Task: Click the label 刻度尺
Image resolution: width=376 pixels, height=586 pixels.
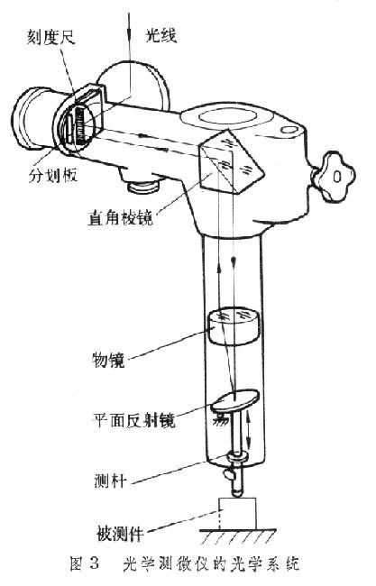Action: pyautogui.click(x=50, y=37)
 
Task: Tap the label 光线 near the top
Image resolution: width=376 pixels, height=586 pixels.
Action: pyautogui.click(x=160, y=35)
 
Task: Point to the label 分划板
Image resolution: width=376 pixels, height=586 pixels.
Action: pyautogui.click(x=53, y=175)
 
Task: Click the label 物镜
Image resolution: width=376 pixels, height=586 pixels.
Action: pyautogui.click(x=108, y=360)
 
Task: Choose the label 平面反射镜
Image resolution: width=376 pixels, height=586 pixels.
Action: pyautogui.click(x=133, y=419)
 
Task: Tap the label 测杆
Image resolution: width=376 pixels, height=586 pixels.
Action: pyautogui.click(x=110, y=480)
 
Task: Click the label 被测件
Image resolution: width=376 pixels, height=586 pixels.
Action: pyautogui.click(x=120, y=534)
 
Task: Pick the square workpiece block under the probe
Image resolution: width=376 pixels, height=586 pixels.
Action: pyautogui.click(x=237, y=513)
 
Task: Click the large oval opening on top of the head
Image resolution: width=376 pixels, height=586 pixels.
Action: pyautogui.click(x=228, y=116)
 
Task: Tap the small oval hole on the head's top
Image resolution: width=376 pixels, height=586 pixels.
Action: pyautogui.click(x=289, y=130)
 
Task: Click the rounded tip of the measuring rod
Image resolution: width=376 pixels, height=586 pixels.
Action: pyautogui.click(x=237, y=493)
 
